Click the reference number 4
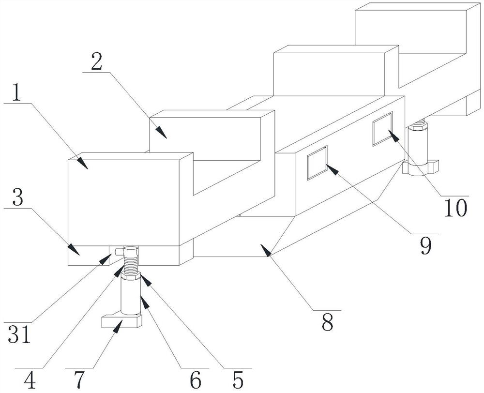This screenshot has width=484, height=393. point(30,380)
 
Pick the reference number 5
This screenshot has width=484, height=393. point(237,380)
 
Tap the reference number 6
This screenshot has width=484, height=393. point(195,380)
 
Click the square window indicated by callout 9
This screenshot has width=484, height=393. point(318,163)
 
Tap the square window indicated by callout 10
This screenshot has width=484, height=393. point(382,129)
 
